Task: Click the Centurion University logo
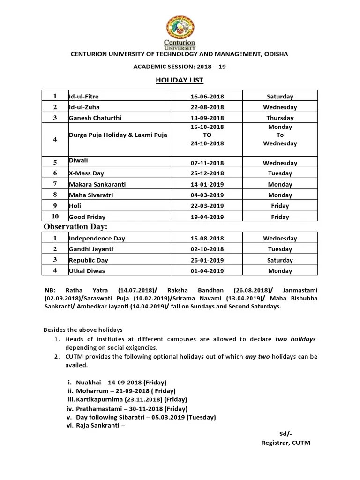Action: point(180,31)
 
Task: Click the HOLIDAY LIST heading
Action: point(180,80)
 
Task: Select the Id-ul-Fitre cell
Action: point(84,97)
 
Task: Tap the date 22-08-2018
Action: point(207,107)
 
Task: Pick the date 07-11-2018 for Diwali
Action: point(207,163)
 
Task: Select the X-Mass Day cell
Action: point(87,173)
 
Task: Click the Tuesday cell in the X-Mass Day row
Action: point(280,173)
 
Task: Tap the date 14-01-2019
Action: point(207,185)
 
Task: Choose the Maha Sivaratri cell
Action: point(91,195)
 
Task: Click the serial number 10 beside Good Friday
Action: point(55,217)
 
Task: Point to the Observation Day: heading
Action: point(75,227)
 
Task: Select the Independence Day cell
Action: point(97,239)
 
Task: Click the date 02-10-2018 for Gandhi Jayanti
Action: point(207,249)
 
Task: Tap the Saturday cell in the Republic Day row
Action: point(280,260)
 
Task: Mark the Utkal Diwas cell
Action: point(87,271)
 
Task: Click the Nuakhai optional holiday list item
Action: point(117,382)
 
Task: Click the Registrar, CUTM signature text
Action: point(285,442)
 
